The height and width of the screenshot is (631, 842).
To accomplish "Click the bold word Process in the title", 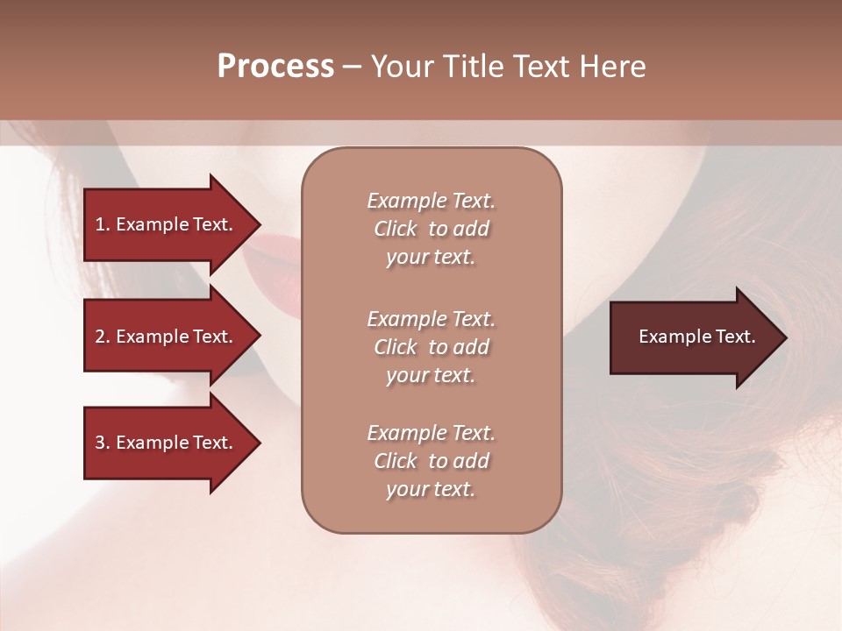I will coord(275,67).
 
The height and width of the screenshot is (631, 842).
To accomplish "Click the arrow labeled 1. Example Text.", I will coord(164,224).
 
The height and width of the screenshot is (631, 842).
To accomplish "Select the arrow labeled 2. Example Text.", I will coord(164,337).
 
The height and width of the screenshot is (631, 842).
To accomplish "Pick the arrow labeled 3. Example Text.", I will coord(164,443).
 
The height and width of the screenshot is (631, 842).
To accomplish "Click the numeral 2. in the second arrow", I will coord(102,337).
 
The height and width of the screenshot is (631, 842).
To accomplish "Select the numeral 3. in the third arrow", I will coord(102,443).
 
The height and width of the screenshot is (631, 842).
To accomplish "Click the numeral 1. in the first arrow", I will coord(102,224).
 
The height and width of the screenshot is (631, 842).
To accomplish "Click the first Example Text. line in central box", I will coord(431,201).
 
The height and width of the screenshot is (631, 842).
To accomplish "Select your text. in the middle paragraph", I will coord(431,375).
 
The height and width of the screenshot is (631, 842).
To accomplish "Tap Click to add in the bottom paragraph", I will coord(431,461).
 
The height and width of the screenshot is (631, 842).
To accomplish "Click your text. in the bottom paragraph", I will coord(431,490).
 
